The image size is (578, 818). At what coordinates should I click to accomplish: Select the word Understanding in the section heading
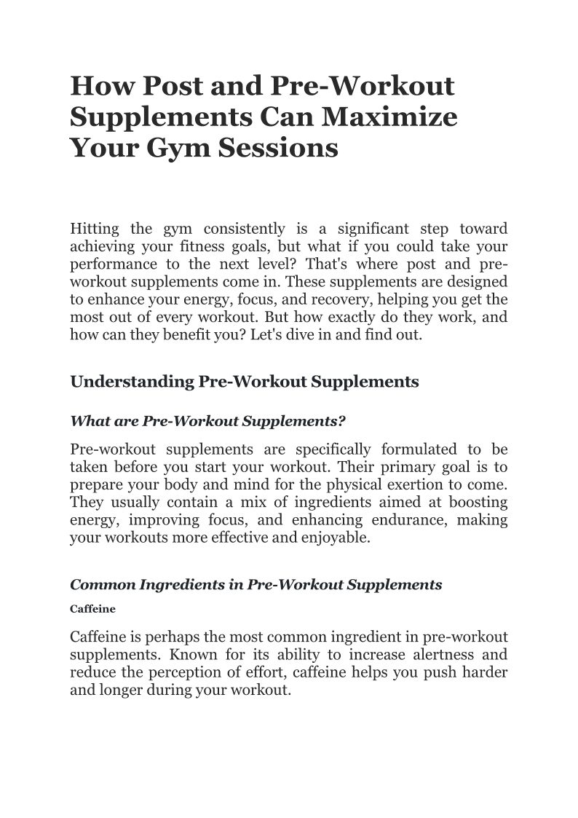coord(131,382)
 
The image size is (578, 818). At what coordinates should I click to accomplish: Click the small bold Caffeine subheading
coord(92,607)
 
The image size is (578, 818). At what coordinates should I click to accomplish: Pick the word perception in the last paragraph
coord(191,672)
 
